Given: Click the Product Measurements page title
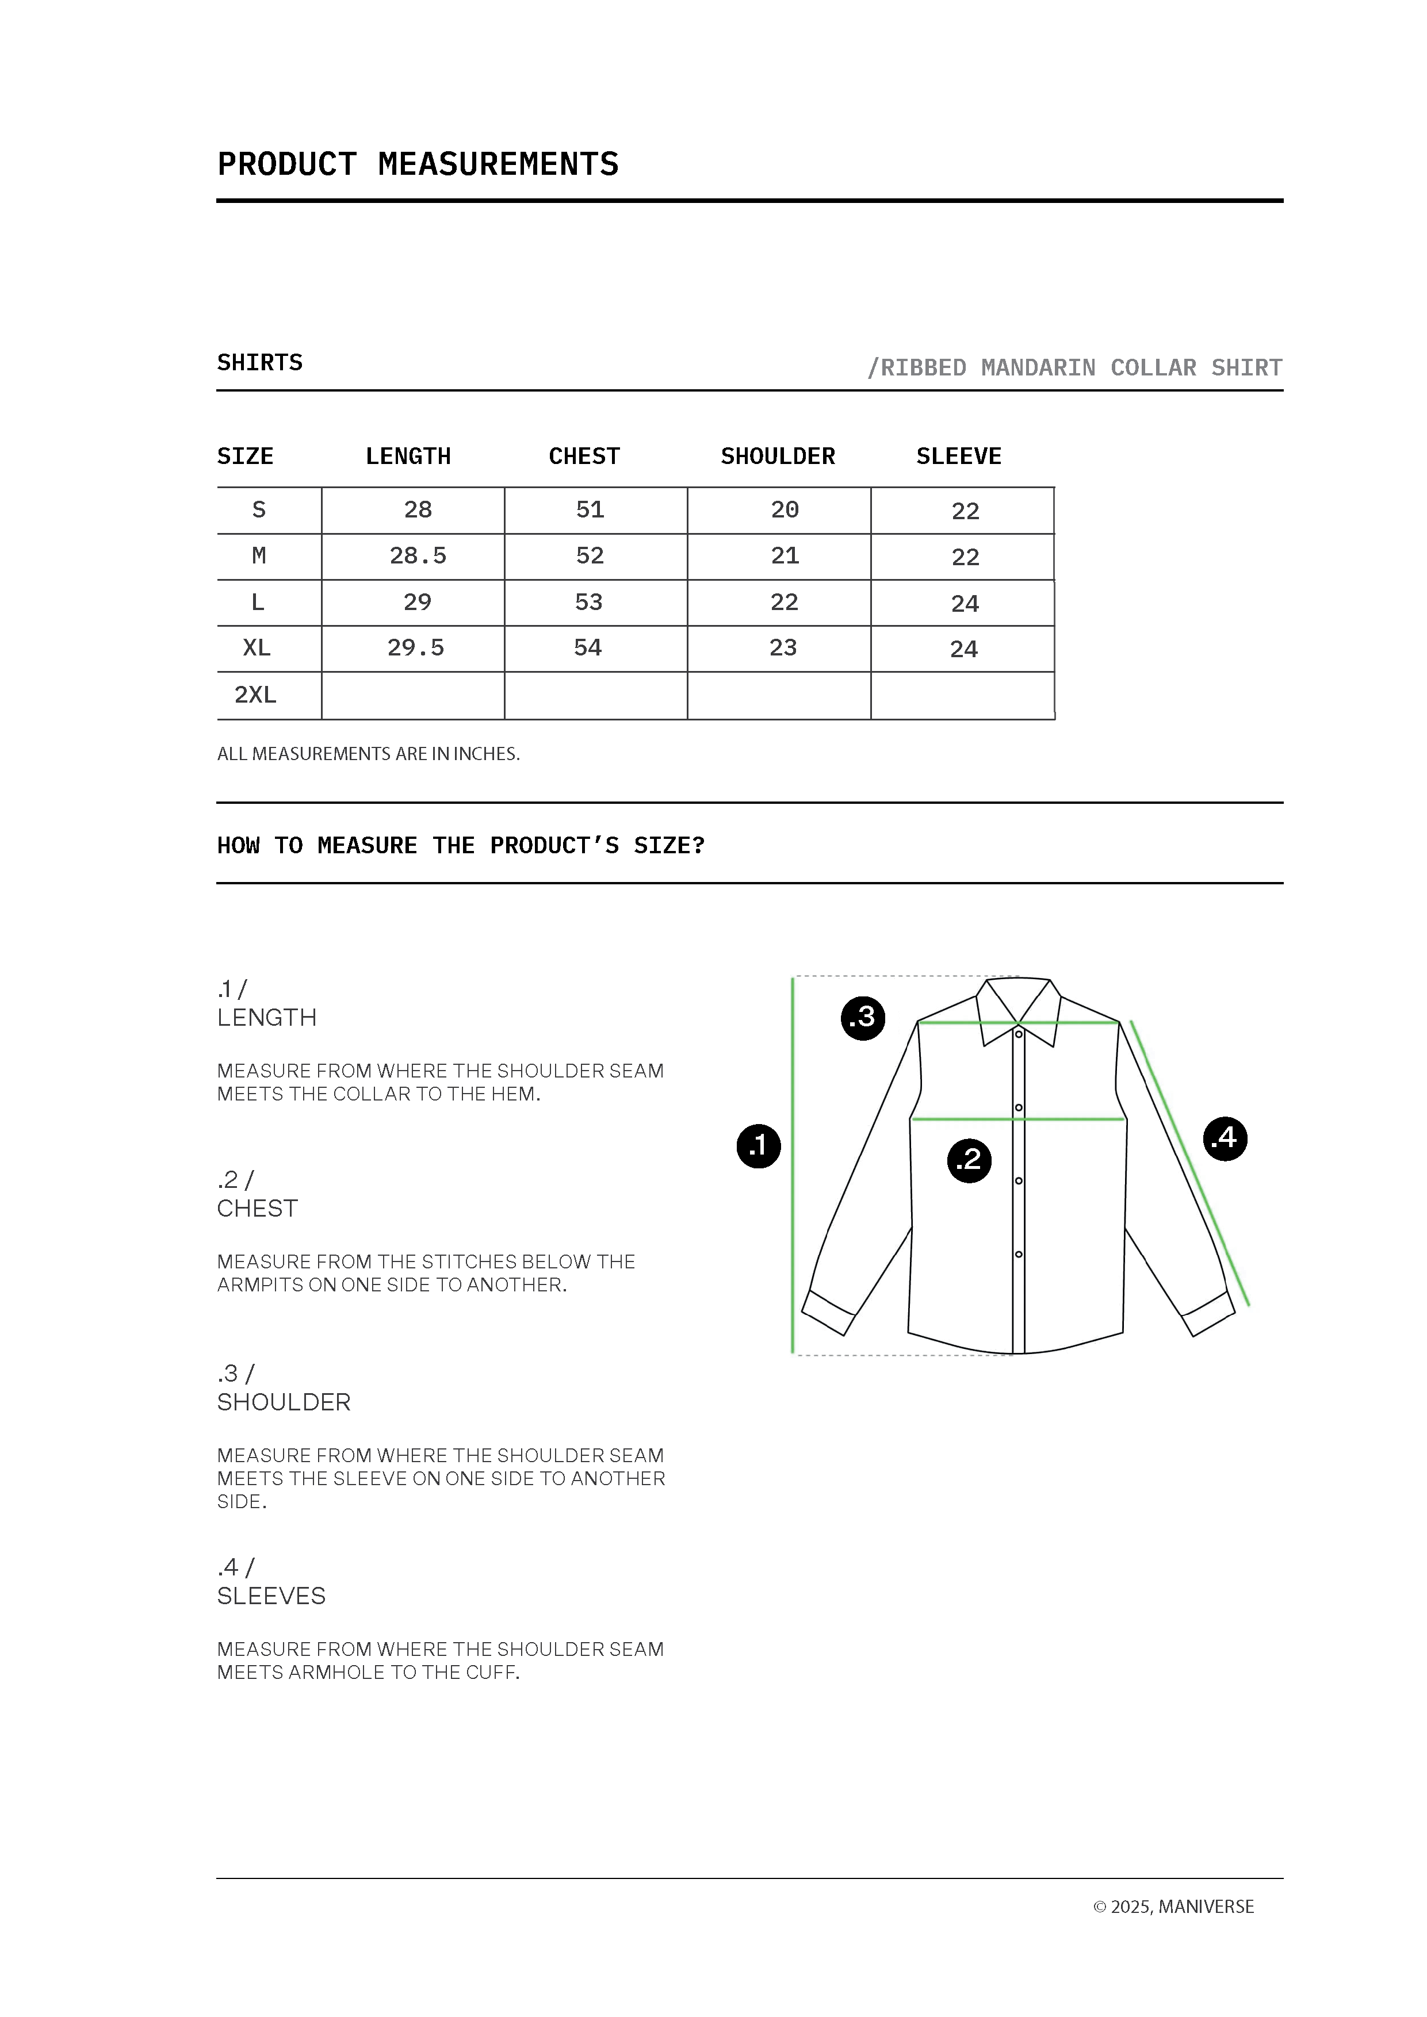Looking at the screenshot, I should (418, 164).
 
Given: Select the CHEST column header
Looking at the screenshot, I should (584, 457).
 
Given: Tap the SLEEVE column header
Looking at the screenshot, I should (959, 457).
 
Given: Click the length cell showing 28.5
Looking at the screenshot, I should (418, 556).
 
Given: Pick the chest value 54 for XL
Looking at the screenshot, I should (588, 649).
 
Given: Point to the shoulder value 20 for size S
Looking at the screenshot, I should (785, 509).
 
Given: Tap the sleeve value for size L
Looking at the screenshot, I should (965, 604).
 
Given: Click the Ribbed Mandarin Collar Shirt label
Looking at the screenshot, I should (1074, 367).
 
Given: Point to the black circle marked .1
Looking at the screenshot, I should (758, 1145).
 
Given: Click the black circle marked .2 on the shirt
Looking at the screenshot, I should (969, 1160).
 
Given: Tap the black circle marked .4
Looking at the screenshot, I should (1225, 1138).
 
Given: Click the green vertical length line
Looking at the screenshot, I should (793, 1168).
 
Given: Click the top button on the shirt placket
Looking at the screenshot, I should (1019, 1034).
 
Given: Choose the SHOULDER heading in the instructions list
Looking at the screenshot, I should (284, 1402).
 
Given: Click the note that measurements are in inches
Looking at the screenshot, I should (368, 754).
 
